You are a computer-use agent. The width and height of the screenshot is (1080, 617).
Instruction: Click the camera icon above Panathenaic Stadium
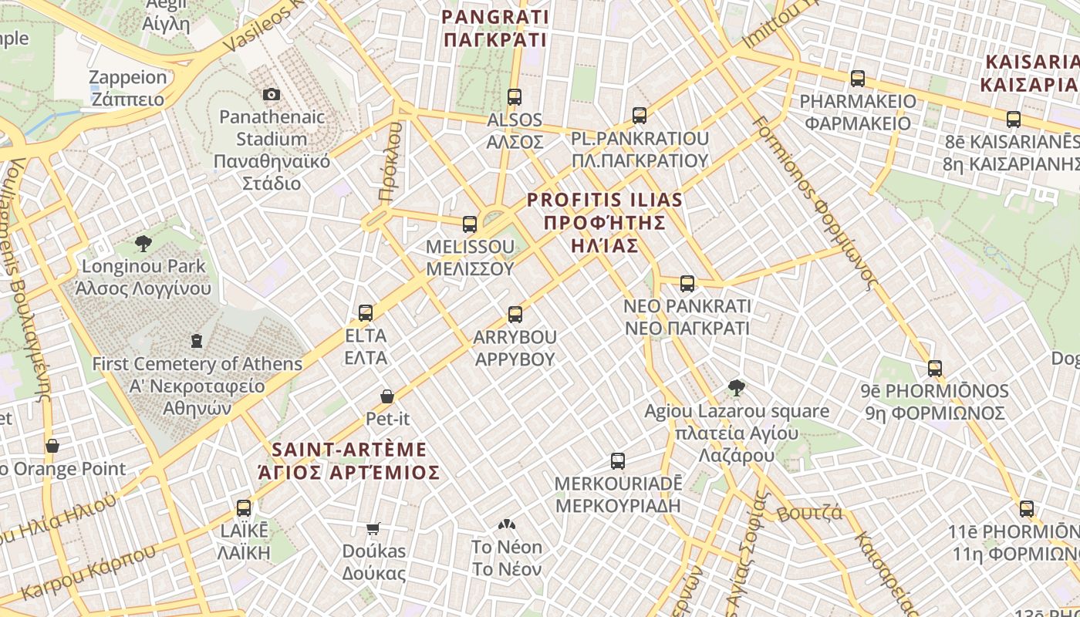[271, 95]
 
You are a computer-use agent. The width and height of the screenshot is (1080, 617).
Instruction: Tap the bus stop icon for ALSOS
[515, 97]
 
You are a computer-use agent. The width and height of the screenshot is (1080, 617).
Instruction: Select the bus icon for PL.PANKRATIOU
[640, 116]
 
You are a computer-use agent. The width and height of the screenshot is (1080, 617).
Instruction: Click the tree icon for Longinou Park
[143, 244]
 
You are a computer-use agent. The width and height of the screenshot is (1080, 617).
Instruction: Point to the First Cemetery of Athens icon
[197, 340]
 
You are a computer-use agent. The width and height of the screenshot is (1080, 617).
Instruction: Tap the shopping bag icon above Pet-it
[387, 396]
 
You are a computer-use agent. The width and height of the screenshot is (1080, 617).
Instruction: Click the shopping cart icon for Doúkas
[373, 528]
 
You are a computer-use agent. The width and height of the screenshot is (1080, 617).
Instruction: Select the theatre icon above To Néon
[506, 524]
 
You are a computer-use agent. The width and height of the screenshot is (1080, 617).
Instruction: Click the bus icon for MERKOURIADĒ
[618, 461]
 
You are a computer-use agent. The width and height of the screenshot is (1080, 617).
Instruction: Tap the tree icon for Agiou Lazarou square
[737, 388]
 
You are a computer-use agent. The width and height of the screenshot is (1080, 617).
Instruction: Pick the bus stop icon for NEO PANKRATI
[687, 284]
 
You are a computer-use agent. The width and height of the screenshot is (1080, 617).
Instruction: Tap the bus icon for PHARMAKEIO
[858, 79]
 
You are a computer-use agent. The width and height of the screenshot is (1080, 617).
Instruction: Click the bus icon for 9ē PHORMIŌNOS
[935, 369]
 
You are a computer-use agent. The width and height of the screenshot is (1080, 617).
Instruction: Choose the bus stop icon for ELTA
[366, 313]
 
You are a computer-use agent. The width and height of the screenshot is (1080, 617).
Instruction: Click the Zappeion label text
[128, 88]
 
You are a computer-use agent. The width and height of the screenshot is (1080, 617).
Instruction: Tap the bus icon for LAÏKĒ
[244, 508]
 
